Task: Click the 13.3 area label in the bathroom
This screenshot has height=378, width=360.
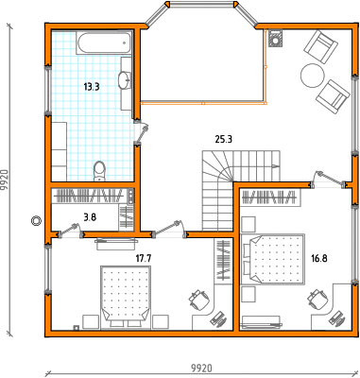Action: pyautogui.click(x=92, y=87)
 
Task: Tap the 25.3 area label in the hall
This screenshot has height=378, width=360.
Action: pyautogui.click(x=224, y=139)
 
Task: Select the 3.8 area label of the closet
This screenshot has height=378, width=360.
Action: pyautogui.click(x=90, y=217)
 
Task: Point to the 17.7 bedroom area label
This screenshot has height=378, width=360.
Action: pyautogui.click(x=144, y=259)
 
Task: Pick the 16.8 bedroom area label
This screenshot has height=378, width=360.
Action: pyautogui.click(x=319, y=259)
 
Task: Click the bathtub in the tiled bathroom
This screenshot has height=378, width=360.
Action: pyautogui.click(x=105, y=43)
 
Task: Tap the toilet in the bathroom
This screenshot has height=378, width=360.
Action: pyautogui.click(x=100, y=171)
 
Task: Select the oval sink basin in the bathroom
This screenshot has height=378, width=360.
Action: pyautogui.click(x=125, y=79)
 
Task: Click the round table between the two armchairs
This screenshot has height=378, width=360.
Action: pyautogui.click(x=312, y=76)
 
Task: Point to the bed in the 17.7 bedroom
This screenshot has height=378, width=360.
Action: pyautogui.click(x=126, y=297)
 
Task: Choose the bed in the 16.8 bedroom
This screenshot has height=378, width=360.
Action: pyautogui.click(x=273, y=259)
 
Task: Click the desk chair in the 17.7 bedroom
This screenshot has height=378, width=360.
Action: pyautogui.click(x=199, y=299)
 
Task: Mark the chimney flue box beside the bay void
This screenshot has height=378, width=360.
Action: pyautogui.click(x=275, y=38)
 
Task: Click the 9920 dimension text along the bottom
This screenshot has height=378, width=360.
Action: pyautogui.click(x=202, y=368)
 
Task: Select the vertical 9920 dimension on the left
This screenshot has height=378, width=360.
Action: pyautogui.click(x=5, y=180)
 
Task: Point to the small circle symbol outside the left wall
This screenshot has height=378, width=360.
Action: pyautogui.click(x=36, y=221)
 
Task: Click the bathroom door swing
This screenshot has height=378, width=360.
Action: pyautogui.click(x=141, y=133)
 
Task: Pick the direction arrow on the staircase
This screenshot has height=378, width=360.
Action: pyautogui.click(x=276, y=165)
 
